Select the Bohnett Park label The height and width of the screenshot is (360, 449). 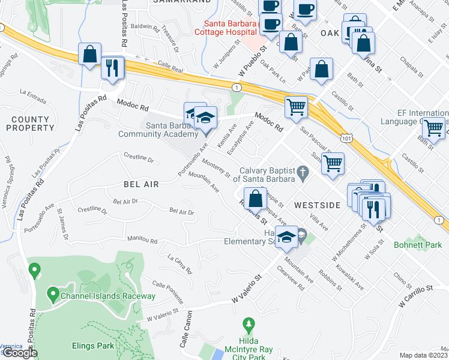(x=418, y=245)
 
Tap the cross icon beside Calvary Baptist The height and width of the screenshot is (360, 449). (x=304, y=174)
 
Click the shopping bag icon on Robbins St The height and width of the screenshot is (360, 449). (x=255, y=198)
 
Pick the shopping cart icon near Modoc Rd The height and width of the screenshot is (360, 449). (x=296, y=107)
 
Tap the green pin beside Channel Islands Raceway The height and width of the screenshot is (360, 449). (x=53, y=295)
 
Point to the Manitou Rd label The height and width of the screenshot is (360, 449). (x=142, y=241)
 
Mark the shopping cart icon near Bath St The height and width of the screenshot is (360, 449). (x=433, y=127)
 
